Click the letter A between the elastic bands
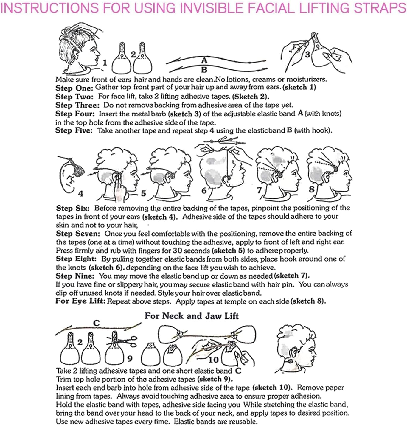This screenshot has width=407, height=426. (x=204, y=60)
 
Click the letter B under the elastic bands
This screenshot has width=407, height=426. (x=204, y=70)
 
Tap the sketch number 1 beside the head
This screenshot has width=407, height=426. (x=105, y=63)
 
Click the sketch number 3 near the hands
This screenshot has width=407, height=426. (x=307, y=54)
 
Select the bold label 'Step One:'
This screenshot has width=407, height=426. (x=74, y=88)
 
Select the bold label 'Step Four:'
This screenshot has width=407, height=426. (x=75, y=114)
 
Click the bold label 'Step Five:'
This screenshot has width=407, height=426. (x=74, y=131)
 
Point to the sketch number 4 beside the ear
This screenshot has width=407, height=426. (x=80, y=193)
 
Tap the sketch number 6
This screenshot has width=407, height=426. (x=204, y=190)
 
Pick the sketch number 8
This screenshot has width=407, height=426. (x=311, y=189)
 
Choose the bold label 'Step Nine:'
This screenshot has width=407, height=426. (x=75, y=276)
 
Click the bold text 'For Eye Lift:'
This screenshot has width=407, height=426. (x=80, y=301)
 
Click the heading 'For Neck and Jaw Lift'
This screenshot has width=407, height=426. (x=192, y=316)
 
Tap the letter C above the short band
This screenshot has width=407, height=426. (x=96, y=323)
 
